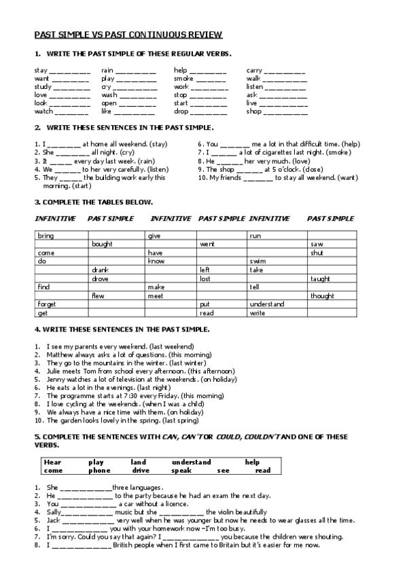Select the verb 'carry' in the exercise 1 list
(253, 70)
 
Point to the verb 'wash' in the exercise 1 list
(109, 95)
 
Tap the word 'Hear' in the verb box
(52, 462)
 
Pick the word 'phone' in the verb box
(99, 470)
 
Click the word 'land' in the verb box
(138, 462)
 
